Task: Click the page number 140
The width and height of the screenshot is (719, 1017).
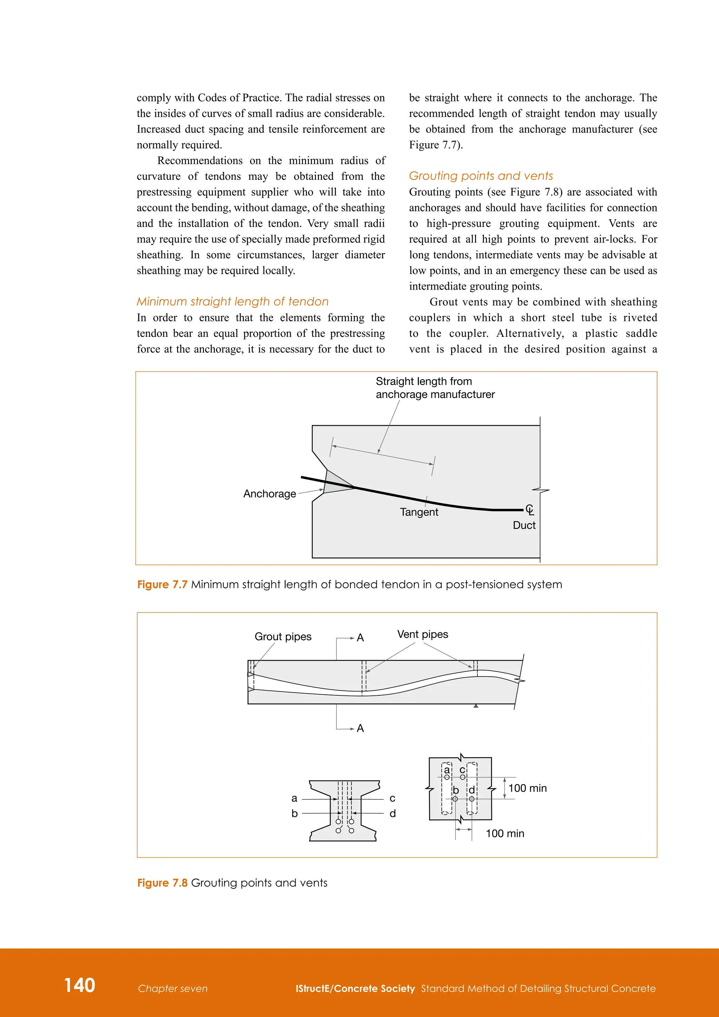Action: pyautogui.click(x=80, y=985)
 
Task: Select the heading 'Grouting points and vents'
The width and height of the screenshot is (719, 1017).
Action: pyautogui.click(x=481, y=176)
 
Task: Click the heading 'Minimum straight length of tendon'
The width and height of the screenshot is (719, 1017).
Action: pyautogui.click(x=232, y=302)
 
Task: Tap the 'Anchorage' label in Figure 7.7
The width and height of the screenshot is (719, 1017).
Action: pyautogui.click(x=269, y=494)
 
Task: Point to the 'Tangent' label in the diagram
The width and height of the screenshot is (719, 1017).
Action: pyautogui.click(x=419, y=512)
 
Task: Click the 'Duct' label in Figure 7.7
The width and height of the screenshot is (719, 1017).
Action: pyautogui.click(x=524, y=525)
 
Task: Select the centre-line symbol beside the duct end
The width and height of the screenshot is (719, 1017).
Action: pyautogui.click(x=529, y=510)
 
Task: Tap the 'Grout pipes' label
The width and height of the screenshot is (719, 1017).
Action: pyautogui.click(x=283, y=637)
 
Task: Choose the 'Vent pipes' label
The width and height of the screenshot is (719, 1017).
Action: pyautogui.click(x=422, y=634)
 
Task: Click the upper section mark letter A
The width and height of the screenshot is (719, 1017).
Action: pyautogui.click(x=361, y=638)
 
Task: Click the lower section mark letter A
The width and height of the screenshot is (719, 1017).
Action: pyautogui.click(x=361, y=728)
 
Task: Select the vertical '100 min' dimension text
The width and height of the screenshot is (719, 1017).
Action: pyautogui.click(x=527, y=788)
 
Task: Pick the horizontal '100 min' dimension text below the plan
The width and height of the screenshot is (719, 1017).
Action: pyautogui.click(x=505, y=834)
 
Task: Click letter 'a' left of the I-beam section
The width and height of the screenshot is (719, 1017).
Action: pyautogui.click(x=295, y=799)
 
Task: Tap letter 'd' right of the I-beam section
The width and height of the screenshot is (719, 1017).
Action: pyautogui.click(x=392, y=814)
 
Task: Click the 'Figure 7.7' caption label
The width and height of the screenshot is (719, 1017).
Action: pyautogui.click(x=163, y=585)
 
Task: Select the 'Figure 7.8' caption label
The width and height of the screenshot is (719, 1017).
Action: pyautogui.click(x=163, y=883)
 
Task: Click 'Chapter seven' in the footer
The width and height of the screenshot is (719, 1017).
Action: pyautogui.click(x=173, y=989)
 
